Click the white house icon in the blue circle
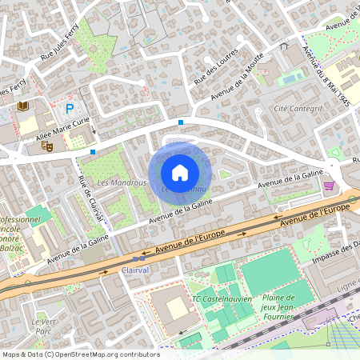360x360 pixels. [180, 172]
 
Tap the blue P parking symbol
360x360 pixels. [70, 108]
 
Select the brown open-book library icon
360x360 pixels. [22, 106]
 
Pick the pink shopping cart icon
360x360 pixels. [329, 186]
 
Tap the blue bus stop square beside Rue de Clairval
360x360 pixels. [94, 151]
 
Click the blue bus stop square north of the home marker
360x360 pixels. [181, 122]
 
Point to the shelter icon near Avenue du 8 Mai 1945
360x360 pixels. [283, 46]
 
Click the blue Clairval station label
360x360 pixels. [136, 271]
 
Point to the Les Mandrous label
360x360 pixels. [122, 182]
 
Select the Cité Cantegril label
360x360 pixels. [298, 108]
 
